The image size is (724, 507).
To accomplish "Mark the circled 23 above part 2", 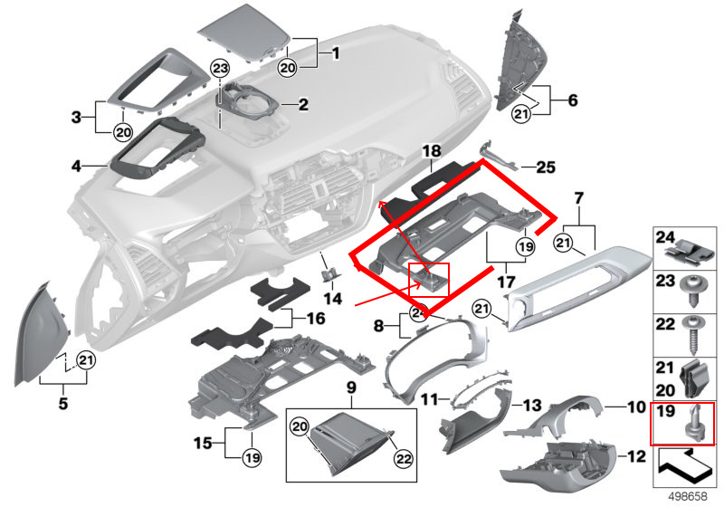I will coord(220,69).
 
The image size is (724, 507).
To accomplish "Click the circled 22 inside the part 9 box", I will coord(403,459).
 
